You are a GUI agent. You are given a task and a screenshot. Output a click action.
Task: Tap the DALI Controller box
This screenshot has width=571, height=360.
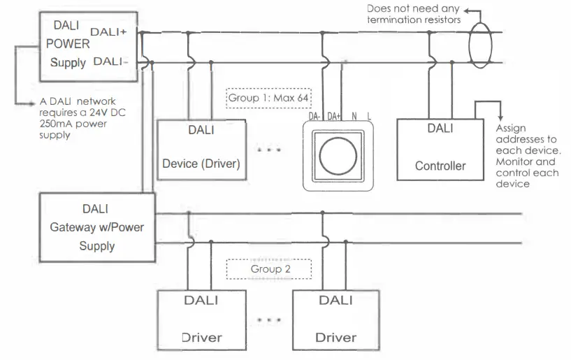pyautogui.click(x=440, y=148)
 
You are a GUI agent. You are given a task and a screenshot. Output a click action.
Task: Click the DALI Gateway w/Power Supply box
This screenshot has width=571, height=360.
pyautogui.click(x=96, y=226)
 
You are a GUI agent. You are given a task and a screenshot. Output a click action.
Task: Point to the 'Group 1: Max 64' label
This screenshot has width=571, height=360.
pyautogui.click(x=269, y=97)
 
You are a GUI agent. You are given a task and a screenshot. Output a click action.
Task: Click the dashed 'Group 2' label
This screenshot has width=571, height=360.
pyautogui.click(x=269, y=268)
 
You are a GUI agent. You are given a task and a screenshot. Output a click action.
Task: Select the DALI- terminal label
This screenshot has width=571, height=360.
pyautogui.click(x=110, y=62)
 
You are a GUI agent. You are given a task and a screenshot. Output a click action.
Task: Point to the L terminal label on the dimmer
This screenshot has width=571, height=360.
pyautogui.click(x=369, y=117)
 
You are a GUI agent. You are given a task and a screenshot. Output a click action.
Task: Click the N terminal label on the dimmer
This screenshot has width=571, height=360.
pyautogui.click(x=354, y=117)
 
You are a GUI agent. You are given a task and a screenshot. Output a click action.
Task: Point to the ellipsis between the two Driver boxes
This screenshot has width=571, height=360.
pyautogui.click(x=269, y=320)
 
